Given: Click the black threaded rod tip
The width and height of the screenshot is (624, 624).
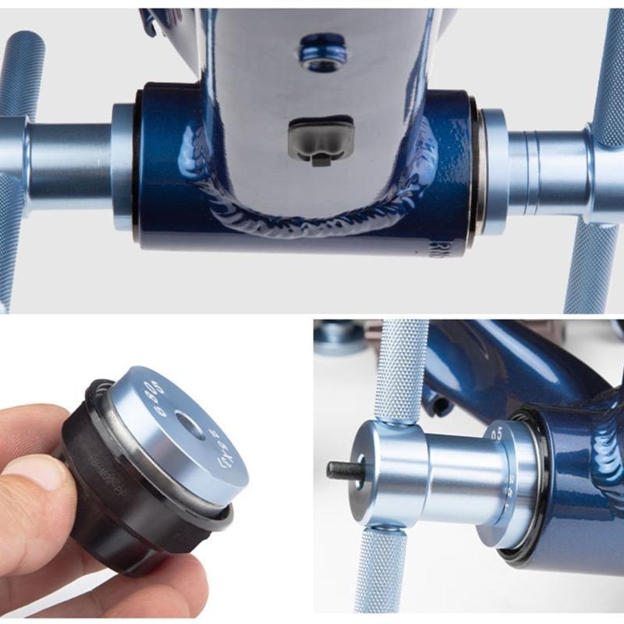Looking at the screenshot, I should point(338,470).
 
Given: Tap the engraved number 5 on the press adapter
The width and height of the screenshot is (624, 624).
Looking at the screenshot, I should point(496,433).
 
